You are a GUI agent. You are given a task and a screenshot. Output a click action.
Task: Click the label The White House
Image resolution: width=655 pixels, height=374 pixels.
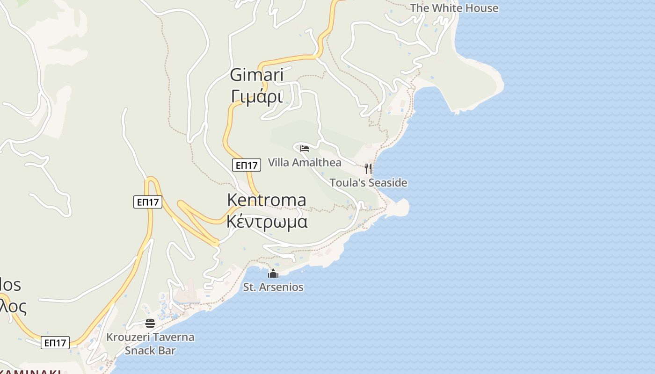[x=454, y=8]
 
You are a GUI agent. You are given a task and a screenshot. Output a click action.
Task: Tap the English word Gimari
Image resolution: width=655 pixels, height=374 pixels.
[x=257, y=75]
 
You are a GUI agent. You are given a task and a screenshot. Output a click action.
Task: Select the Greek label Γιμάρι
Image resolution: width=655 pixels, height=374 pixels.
[x=257, y=97]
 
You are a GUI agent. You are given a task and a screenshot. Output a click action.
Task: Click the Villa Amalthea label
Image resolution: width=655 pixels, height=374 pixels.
[x=305, y=163]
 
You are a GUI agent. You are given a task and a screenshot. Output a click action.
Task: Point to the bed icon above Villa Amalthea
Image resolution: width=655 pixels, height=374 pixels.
[x=305, y=149]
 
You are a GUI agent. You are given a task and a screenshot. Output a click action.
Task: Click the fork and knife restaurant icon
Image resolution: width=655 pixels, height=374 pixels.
[x=369, y=168]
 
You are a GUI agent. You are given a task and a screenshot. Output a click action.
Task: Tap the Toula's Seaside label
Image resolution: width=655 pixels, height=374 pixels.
[x=368, y=183]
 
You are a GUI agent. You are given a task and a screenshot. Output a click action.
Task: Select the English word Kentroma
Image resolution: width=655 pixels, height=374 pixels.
[x=267, y=200]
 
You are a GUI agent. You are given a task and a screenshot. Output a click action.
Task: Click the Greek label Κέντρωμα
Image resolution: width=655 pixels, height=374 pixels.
[x=267, y=222]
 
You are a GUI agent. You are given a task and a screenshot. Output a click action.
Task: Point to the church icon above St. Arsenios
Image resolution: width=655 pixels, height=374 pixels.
[x=273, y=273]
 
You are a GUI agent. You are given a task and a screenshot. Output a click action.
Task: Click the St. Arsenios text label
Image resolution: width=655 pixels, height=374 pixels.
[x=273, y=287]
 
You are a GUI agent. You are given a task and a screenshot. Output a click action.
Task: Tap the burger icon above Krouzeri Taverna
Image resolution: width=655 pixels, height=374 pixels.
[x=150, y=323]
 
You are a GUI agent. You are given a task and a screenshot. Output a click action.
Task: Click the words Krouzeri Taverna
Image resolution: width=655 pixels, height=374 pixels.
[x=150, y=337]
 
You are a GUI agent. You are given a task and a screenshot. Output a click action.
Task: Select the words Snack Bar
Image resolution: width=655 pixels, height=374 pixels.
[x=150, y=351]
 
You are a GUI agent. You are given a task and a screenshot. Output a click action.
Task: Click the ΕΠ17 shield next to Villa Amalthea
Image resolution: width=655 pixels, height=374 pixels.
[x=246, y=165]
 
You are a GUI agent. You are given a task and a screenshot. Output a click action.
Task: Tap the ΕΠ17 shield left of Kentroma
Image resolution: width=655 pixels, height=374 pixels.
[x=147, y=202]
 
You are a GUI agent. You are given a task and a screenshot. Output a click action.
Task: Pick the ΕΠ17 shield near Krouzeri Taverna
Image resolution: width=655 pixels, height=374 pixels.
[x=55, y=343]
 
